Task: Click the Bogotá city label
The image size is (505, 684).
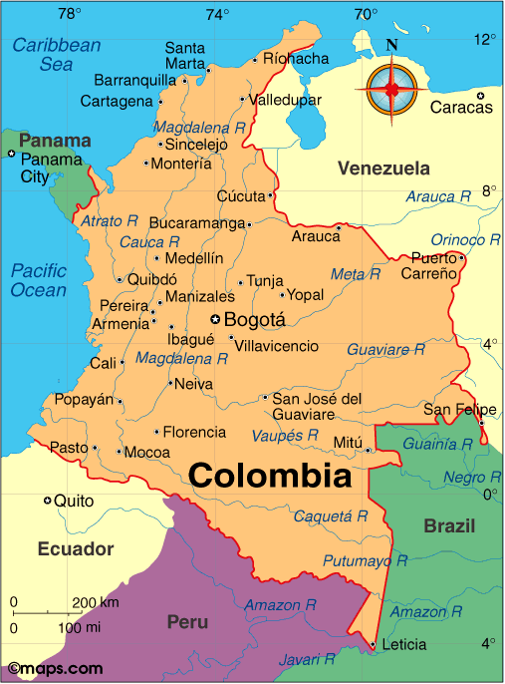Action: [255, 320]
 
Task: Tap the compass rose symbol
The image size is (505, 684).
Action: [391, 87]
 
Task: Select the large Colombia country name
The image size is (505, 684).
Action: [270, 476]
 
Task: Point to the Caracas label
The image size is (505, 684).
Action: [461, 108]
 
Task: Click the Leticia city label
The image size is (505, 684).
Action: [403, 645]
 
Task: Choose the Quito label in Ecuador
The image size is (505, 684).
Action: [73, 501]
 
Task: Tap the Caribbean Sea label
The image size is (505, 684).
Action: [57, 54]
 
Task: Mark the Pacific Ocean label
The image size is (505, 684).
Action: [39, 279]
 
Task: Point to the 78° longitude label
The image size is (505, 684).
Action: [69, 14]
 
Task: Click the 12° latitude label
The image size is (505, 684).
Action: [485, 40]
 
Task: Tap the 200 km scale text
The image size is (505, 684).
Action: [96, 602]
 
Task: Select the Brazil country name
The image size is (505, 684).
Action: [449, 525]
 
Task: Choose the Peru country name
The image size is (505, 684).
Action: [187, 622]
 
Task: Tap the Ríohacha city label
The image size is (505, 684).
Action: [295, 59]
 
